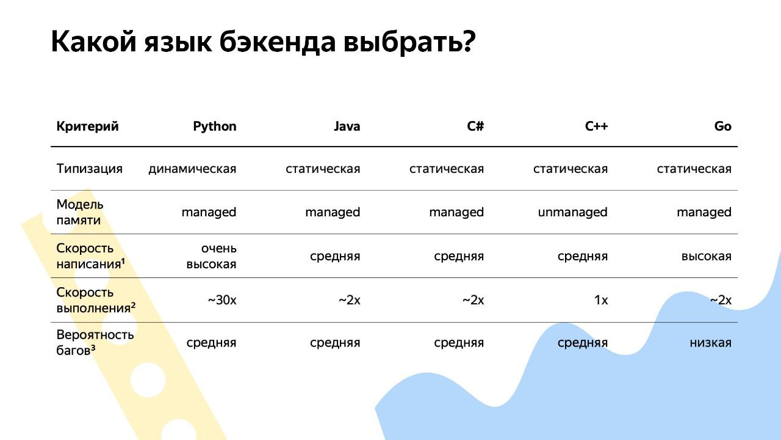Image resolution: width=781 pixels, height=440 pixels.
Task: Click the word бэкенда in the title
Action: tap(277, 42)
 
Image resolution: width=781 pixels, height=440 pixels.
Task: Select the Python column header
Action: tap(215, 127)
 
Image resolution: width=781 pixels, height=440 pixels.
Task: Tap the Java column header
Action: tap(347, 127)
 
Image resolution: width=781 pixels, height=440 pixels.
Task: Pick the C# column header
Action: tap(475, 127)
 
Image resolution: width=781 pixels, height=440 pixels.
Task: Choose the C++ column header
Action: tap(596, 127)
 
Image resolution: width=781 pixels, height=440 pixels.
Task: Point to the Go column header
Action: tap(723, 127)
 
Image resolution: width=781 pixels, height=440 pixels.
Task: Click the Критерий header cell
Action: tap(87, 127)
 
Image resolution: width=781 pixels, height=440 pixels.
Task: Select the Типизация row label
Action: tap(90, 169)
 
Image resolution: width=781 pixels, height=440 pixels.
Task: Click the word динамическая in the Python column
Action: tap(192, 169)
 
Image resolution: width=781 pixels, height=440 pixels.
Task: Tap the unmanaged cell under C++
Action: tap(573, 212)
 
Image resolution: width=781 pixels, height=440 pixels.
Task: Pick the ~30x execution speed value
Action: tap(222, 300)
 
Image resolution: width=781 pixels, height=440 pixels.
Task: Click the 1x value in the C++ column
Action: tap(601, 300)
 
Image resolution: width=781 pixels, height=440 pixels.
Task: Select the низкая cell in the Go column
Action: tap(711, 343)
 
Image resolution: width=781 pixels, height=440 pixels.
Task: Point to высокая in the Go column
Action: tap(707, 257)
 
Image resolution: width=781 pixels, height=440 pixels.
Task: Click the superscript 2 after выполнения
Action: tap(133, 306)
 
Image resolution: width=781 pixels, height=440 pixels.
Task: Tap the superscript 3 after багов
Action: tap(93, 348)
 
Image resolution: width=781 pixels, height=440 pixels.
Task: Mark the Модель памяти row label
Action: tap(80, 212)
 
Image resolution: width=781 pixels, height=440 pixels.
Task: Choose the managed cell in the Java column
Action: tap(333, 212)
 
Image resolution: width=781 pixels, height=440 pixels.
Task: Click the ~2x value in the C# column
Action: tap(473, 300)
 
